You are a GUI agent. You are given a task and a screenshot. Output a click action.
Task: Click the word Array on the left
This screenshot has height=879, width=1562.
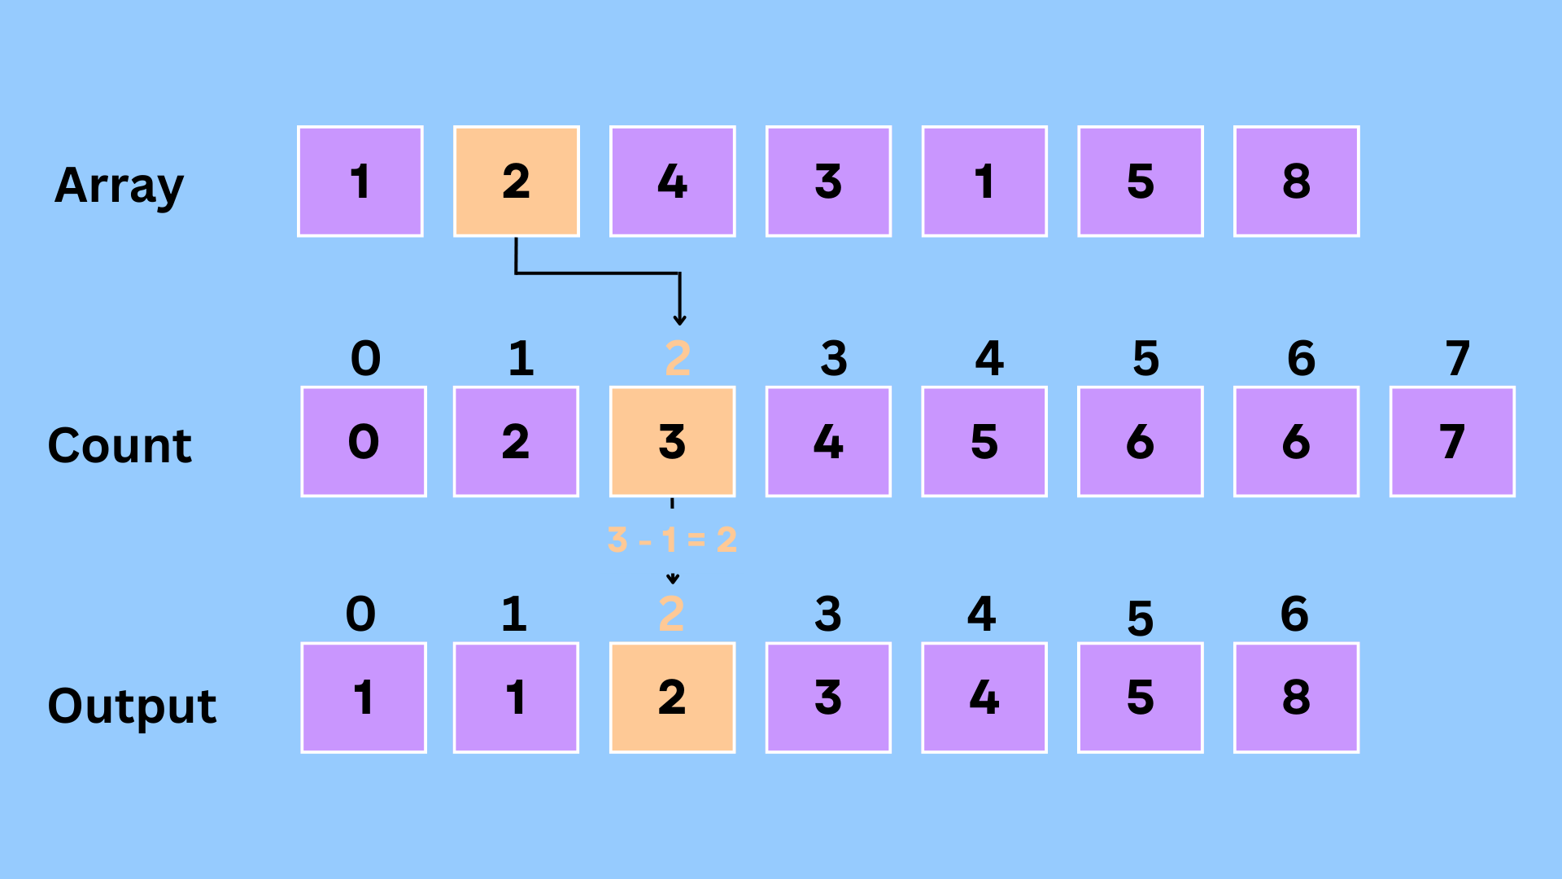pyautogui.click(x=119, y=186)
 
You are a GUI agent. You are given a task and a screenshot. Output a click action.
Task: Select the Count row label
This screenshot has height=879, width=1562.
pyautogui.click(x=120, y=445)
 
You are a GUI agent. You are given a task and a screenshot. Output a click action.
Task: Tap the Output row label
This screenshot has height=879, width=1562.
pyautogui.click(x=132, y=705)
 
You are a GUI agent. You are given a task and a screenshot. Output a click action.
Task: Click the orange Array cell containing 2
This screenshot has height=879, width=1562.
pyautogui.click(x=517, y=181)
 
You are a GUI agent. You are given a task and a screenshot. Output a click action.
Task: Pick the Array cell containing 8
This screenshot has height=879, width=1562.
pyautogui.click(x=1296, y=181)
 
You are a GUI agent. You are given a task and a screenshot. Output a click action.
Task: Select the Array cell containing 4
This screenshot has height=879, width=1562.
pyautogui.click(x=673, y=181)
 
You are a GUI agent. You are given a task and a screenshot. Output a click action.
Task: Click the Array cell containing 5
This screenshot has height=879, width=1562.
pyautogui.click(x=1140, y=181)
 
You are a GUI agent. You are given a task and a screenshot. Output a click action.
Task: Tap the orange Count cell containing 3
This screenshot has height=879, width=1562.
pyautogui.click(x=673, y=441)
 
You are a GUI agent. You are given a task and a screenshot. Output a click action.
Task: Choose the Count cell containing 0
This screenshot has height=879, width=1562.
pyautogui.click(x=364, y=441)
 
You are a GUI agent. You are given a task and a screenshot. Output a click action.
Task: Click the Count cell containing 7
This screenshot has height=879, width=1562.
pyautogui.click(x=1452, y=441)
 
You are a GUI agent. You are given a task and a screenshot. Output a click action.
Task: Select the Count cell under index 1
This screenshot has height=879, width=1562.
pyautogui.click(x=517, y=441)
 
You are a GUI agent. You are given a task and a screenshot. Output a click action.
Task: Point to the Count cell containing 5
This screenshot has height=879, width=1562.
pyautogui.click(x=984, y=441)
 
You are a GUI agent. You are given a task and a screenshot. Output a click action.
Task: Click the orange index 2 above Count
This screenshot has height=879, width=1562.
pyautogui.click(x=678, y=358)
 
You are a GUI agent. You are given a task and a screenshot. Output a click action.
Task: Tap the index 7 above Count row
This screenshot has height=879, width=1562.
pyautogui.click(x=1457, y=358)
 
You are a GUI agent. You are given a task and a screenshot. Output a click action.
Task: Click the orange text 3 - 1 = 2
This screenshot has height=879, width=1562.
pyautogui.click(x=672, y=540)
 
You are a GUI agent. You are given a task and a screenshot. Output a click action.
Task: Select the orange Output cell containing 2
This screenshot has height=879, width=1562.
pyautogui.click(x=673, y=698)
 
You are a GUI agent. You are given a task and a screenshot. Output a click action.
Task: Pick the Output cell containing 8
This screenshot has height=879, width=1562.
pyautogui.click(x=1296, y=698)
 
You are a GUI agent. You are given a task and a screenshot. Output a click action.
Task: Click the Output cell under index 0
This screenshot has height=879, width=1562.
pyautogui.click(x=364, y=698)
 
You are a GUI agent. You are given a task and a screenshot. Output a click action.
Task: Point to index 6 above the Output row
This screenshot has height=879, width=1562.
pyautogui.click(x=1294, y=614)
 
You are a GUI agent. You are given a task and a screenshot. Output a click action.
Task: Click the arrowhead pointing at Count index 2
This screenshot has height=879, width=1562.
pyautogui.click(x=680, y=320)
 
